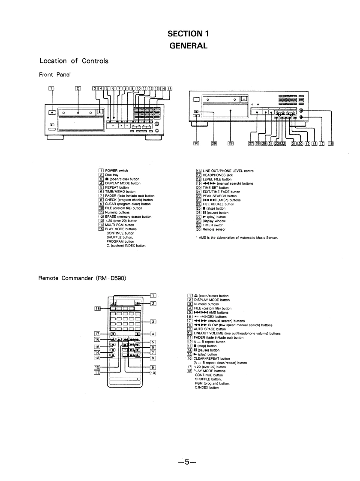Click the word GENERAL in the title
point(189,45)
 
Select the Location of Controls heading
point(73,61)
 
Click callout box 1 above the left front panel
point(51,89)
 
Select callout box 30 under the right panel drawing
point(196,144)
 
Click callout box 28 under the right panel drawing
point(231,144)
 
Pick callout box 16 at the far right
point(331,144)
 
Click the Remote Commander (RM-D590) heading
point(81,278)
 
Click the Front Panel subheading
point(54,75)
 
